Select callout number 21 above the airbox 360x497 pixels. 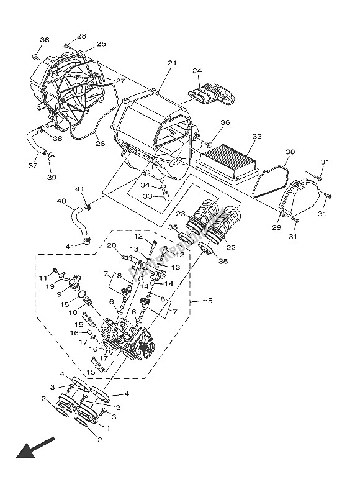[172, 63]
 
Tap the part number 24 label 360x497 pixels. [197, 71]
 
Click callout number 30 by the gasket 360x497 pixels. [290, 152]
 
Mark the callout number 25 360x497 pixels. [101, 44]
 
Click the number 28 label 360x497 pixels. [82, 36]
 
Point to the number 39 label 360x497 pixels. [51, 178]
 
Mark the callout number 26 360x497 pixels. [99, 144]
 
